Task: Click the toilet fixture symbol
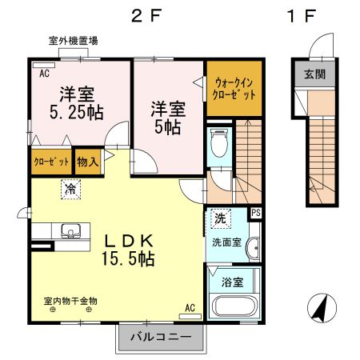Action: pyautogui.click(x=218, y=146)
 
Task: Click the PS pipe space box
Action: pyautogui.click(x=255, y=213)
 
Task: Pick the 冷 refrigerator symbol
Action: pyautogui.click(x=70, y=190)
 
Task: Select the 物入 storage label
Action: pyautogui.click(x=87, y=161)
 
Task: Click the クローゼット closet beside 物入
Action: pyautogui.click(x=50, y=161)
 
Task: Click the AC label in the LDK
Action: pyautogui.click(x=190, y=307)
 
